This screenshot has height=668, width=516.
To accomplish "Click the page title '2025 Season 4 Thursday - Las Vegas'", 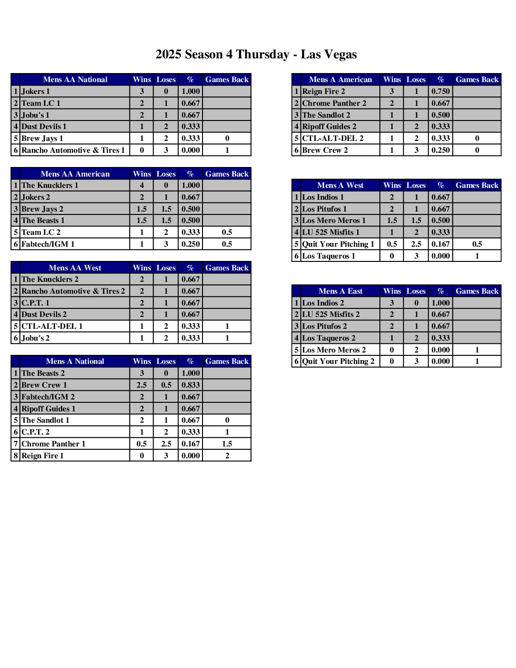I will click(x=256, y=55).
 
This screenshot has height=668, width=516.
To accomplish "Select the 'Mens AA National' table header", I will click(x=75, y=80).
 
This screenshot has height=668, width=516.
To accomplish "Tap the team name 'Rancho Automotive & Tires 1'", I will click(x=73, y=150).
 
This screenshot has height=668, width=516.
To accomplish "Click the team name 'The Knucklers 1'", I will click(x=50, y=186).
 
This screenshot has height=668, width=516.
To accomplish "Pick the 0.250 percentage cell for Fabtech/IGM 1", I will click(x=191, y=244).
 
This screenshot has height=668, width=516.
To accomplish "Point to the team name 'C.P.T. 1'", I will click(x=36, y=303).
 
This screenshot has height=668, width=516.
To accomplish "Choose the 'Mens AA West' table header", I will click(x=75, y=268).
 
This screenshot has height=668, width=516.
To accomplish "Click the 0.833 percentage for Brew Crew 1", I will click(x=191, y=385).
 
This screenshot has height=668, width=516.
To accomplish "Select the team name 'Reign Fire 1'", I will click(x=43, y=455).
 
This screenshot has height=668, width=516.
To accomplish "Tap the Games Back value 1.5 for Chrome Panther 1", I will click(x=227, y=444).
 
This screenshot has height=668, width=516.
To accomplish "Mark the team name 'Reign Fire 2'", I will click(x=323, y=92).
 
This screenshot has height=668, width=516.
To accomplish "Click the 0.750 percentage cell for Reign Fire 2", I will click(x=441, y=92).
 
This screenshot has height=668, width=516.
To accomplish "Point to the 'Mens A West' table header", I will click(x=341, y=186).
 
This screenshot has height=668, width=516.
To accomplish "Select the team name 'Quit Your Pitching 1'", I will click(x=338, y=244).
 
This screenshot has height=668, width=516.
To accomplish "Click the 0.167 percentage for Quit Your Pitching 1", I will click(x=441, y=244).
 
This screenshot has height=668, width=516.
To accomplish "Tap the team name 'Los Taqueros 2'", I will click(x=329, y=338).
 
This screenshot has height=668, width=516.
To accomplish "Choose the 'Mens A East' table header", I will click(x=341, y=291).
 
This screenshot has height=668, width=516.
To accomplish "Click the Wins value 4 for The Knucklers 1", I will click(x=142, y=186).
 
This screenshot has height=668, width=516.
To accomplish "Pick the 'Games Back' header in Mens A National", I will click(x=227, y=362).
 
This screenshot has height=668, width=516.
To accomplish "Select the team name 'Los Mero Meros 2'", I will click(x=334, y=350).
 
